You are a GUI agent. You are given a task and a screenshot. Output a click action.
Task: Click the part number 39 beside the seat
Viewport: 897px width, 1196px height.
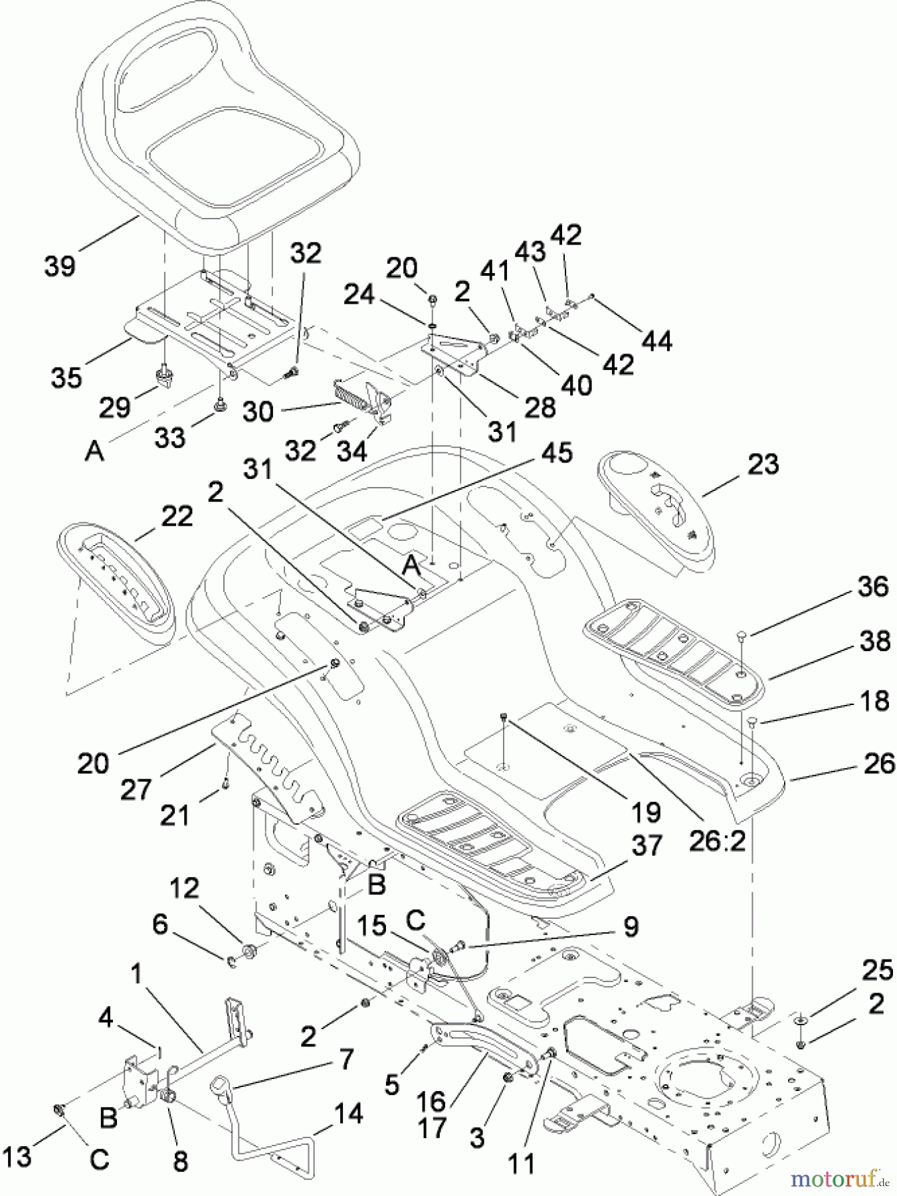tap(60, 266)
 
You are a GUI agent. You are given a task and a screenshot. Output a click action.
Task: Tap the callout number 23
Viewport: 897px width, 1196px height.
tap(762, 464)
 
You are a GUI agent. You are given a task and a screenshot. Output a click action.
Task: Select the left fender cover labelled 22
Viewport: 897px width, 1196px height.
tap(116, 585)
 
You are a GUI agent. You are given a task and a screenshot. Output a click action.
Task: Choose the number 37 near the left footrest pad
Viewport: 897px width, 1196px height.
tap(647, 845)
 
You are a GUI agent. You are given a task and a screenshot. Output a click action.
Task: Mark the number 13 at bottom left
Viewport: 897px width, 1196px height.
tap(17, 1156)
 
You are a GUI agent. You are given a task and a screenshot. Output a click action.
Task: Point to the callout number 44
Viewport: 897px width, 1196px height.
tap(656, 340)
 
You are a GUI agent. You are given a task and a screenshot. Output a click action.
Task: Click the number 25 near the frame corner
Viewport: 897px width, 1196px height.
tap(877, 971)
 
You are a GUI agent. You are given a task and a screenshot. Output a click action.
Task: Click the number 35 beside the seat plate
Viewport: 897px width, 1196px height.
tap(66, 377)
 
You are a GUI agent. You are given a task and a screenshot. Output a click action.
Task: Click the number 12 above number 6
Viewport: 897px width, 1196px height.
tap(183, 888)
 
